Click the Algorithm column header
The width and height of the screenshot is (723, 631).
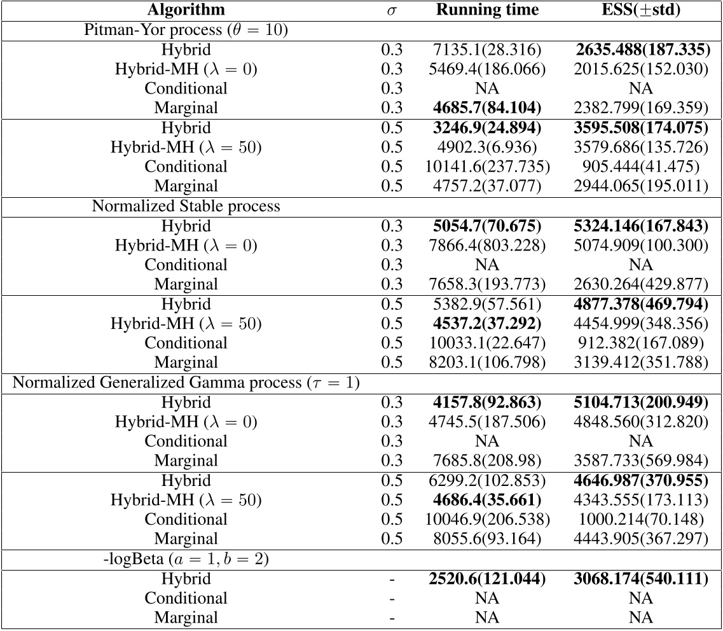coord(186,10)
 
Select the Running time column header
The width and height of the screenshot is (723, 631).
coord(487,10)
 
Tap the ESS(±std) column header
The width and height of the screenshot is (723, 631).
coord(640,10)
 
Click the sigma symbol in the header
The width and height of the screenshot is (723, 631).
coord(392,11)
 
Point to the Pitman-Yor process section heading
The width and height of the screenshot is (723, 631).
coord(186,30)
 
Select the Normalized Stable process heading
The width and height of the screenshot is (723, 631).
coord(186,206)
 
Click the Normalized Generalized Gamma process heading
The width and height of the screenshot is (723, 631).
coord(186,383)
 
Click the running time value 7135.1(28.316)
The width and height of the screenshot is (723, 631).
coord(487,50)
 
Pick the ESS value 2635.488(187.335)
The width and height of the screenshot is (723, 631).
coord(640,50)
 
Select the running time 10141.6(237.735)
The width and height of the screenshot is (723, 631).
coord(487,167)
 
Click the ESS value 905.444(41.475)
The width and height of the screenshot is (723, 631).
coord(640,167)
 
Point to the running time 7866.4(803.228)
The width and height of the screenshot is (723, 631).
coord(487,246)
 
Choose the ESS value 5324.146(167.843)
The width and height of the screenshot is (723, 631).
coord(640,226)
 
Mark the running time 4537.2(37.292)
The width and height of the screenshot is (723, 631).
coord(487,324)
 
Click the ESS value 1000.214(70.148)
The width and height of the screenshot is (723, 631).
coord(640,519)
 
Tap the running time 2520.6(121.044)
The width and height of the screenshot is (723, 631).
coord(487,579)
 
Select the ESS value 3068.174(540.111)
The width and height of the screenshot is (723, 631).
coord(640,579)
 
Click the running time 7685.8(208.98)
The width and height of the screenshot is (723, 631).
coord(487,461)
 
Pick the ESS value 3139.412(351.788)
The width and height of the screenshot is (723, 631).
coord(640,363)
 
